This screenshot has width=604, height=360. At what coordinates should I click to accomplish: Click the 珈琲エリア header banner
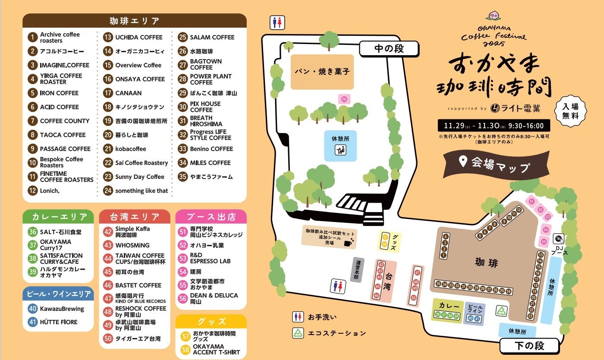134,21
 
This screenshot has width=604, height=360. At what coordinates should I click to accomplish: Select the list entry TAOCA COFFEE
63,135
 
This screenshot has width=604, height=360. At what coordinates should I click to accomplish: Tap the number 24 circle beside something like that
108,191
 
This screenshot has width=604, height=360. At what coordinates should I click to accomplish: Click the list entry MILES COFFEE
210,163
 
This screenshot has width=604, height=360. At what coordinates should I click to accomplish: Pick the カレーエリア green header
58,216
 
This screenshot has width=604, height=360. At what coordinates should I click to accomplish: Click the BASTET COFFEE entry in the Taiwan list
138,285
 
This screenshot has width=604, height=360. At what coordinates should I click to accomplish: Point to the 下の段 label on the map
529,345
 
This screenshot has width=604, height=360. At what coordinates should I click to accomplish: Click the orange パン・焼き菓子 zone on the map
322,72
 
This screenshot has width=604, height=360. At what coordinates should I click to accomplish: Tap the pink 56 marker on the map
344,99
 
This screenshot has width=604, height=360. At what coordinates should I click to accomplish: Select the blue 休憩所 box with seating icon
340,146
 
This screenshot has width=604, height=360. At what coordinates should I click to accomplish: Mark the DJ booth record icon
559,238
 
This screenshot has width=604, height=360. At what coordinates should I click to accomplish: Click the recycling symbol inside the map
501,311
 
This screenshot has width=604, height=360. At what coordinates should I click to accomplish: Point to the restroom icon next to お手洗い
297,317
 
